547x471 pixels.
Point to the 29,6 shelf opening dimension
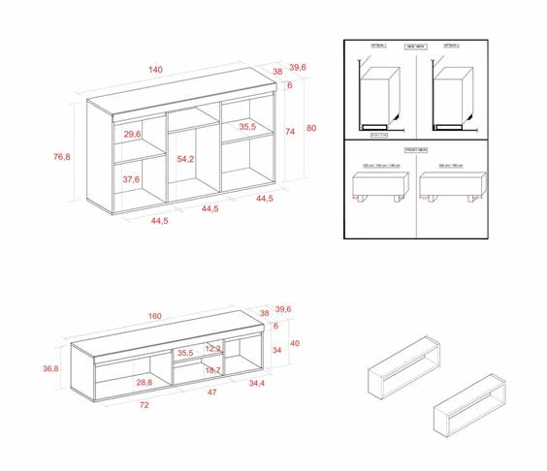(133, 135)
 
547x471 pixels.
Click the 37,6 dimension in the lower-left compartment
(131, 179)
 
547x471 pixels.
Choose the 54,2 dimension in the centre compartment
(185, 159)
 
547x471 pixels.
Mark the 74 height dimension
(290, 131)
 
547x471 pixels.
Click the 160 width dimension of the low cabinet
(156, 316)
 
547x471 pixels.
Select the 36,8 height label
(50, 369)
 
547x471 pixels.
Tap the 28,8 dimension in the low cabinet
(144, 383)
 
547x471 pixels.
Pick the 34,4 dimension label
(257, 385)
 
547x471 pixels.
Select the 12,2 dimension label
(214, 348)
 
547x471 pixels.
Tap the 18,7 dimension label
(213, 370)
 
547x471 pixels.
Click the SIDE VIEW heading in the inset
(416, 46)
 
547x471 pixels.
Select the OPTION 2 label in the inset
(451, 46)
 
